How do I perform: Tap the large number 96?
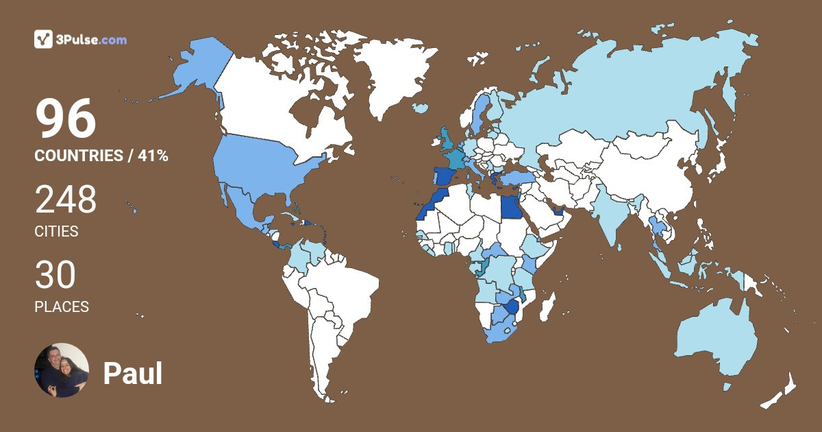pyautogui.click(x=66, y=119)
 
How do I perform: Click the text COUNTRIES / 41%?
pyautogui.click(x=101, y=156)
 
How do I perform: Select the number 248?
pyautogui.click(x=66, y=200)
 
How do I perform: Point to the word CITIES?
pyautogui.click(x=56, y=232)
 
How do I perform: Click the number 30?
pyautogui.click(x=55, y=275)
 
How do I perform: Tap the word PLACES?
pyautogui.click(x=62, y=307)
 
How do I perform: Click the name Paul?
pyautogui.click(x=133, y=374)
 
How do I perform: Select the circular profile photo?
pyautogui.click(x=62, y=370)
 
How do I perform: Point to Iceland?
pyautogui.click(x=420, y=108)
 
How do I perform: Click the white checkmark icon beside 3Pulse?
pyautogui.click(x=44, y=40)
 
